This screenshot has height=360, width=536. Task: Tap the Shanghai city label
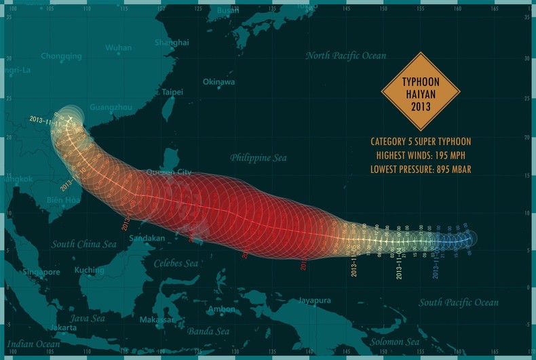[172, 42]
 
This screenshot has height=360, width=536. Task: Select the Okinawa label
[218, 82]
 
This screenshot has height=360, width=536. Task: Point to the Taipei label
[172, 92]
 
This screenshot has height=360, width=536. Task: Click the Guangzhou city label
[111, 107]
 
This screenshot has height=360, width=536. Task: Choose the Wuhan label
[118, 48]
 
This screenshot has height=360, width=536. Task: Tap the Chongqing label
[62, 56]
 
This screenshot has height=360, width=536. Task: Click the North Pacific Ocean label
[345, 56]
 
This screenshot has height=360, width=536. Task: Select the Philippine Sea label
[258, 158]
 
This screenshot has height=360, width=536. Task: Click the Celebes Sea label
[176, 263]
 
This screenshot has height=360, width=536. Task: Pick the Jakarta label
[63, 327]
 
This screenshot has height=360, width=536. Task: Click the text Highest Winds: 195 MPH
[421, 155]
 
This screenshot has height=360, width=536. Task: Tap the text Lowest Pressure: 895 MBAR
[421, 169]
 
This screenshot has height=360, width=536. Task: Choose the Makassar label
[157, 319]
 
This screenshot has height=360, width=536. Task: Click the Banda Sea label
[210, 331]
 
